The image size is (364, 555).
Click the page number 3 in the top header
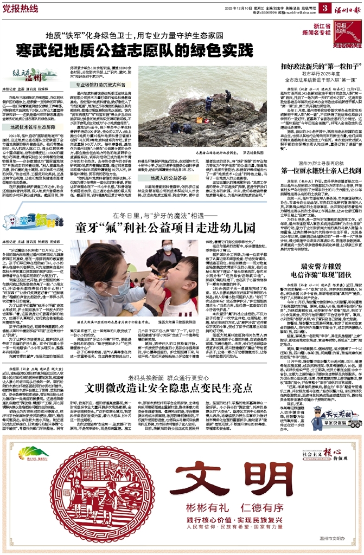[x=324, y=8]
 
